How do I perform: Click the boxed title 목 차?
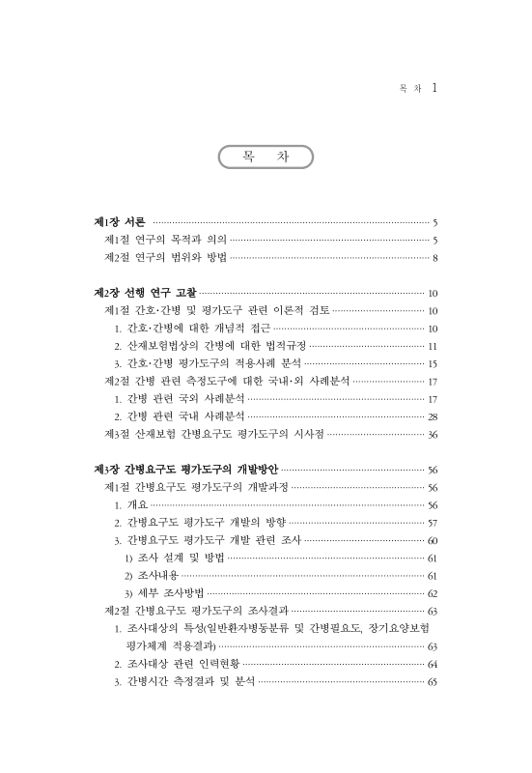[265, 157]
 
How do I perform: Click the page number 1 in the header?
[434, 88]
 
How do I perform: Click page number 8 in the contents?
[436, 258]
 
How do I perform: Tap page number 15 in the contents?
[434, 363]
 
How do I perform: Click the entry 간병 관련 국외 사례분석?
[184, 399]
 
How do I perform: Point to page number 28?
[434, 416]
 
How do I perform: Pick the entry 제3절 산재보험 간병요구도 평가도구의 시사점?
[213, 435]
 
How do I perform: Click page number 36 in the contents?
[434, 435]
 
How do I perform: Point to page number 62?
[434, 593]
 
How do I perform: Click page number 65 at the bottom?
[434, 682]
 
